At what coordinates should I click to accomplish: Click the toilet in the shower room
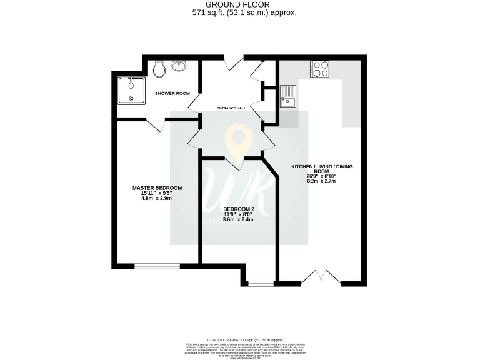tap(158, 68)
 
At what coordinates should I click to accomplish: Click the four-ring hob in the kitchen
tap(319, 68)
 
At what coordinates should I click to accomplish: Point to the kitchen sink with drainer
tap(289, 97)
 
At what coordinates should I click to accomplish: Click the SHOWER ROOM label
tap(172, 93)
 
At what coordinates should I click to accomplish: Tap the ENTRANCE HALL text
tap(231, 108)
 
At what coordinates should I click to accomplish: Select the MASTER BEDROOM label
tap(157, 188)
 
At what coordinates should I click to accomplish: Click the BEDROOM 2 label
tap(238, 210)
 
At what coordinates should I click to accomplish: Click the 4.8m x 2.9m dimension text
tap(156, 198)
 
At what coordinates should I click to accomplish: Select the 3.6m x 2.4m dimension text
tap(238, 221)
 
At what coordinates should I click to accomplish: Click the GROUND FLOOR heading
tap(240, 4)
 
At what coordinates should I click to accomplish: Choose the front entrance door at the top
tap(232, 62)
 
